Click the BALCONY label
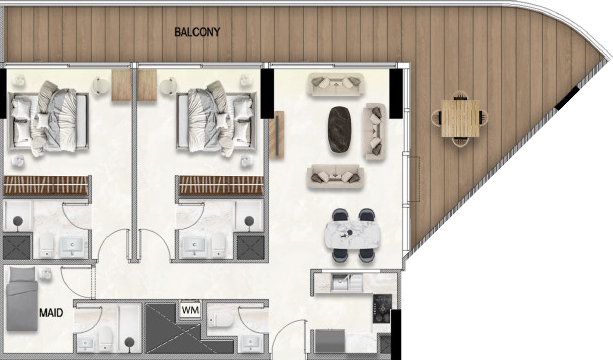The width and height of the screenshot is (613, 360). pyautogui.click(x=197, y=32)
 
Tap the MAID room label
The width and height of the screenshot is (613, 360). pyautogui.click(x=51, y=313)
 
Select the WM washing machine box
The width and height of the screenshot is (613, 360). pyautogui.click(x=191, y=310)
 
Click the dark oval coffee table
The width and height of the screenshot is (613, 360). pyautogui.click(x=339, y=129)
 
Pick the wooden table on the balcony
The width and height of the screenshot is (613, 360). pyautogui.click(x=460, y=118)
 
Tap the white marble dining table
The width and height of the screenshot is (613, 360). pyautogui.click(x=352, y=234)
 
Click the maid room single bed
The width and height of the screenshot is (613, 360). pyautogui.click(x=22, y=298)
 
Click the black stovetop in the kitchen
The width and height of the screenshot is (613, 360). pyautogui.click(x=382, y=308)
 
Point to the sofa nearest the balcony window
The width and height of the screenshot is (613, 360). pyautogui.click(x=335, y=84)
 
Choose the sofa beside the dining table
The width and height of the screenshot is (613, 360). pyautogui.click(x=335, y=177)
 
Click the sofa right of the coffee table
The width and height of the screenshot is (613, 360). pyautogui.click(x=375, y=131)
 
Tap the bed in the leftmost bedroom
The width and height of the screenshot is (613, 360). pyautogui.click(x=48, y=120)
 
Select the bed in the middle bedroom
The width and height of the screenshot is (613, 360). pyautogui.click(x=217, y=120)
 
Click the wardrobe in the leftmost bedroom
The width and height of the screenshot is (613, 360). pyautogui.click(x=46, y=186)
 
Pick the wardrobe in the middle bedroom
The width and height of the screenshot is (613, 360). pyautogui.click(x=221, y=186)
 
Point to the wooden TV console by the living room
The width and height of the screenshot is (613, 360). pyautogui.click(x=276, y=134)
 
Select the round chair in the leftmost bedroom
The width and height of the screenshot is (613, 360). pyautogui.click(x=101, y=86)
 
